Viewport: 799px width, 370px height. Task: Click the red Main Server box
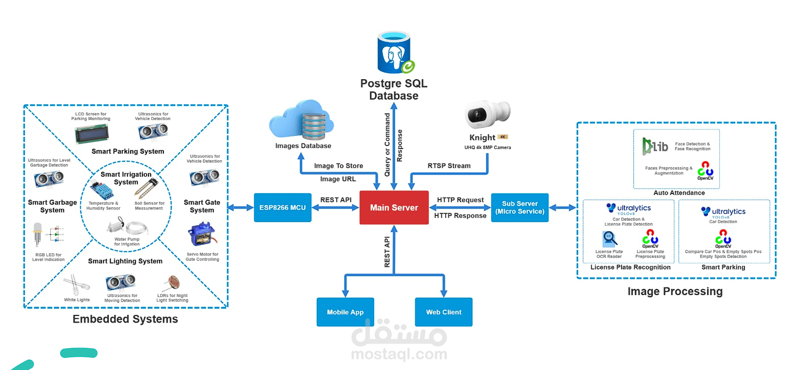coord(394,207)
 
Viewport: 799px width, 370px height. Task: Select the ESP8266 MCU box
coord(282,207)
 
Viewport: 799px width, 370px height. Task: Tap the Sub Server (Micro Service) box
coord(519,207)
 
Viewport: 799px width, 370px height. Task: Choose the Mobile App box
coord(345,312)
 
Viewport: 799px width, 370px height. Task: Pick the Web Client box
coord(443,312)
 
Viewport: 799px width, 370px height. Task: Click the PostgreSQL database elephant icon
coord(394,52)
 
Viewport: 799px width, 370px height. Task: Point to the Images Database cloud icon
coord(301,120)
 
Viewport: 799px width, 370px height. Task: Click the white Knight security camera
coord(487,114)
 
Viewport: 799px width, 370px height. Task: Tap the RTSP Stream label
coord(449,165)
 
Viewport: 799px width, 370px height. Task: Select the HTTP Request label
coord(460,200)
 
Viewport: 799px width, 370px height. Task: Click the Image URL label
coord(338,179)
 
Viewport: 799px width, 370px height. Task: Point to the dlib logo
coord(655,146)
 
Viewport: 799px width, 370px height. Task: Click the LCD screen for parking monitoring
coord(91,134)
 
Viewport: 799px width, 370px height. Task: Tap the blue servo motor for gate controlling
coord(202,234)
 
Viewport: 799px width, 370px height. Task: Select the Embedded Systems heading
coord(125,319)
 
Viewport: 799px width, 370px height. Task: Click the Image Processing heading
coord(675,291)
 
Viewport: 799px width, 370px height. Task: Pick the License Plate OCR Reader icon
coord(609,239)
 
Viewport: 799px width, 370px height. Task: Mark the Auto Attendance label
coord(679,192)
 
